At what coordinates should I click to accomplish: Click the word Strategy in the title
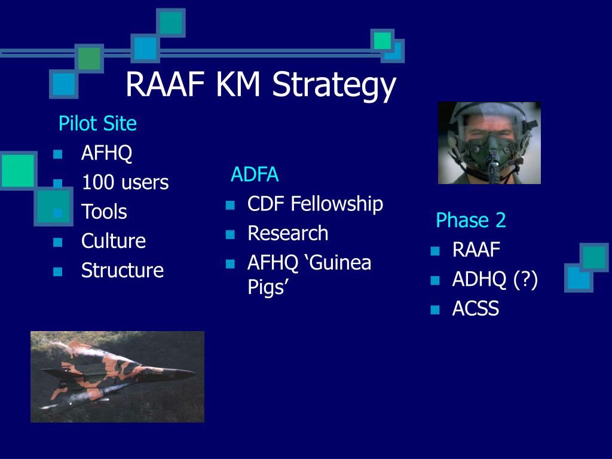click(334, 85)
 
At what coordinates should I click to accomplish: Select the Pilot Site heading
click(97, 123)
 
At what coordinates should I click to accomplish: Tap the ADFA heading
click(255, 174)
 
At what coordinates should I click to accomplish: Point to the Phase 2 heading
click(471, 220)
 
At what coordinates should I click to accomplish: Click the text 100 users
click(126, 182)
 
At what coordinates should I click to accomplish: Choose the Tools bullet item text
click(104, 212)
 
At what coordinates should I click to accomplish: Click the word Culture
click(114, 241)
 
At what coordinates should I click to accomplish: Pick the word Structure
click(123, 270)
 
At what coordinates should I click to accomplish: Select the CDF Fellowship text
click(316, 204)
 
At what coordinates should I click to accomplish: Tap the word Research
click(288, 234)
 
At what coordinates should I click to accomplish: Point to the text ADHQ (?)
click(495, 280)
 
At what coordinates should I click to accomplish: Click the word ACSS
click(475, 308)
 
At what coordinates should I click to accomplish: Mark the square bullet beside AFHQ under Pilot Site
click(58, 154)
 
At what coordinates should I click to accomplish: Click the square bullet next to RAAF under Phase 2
click(435, 251)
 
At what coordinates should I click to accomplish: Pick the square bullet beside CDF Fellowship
click(230, 205)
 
